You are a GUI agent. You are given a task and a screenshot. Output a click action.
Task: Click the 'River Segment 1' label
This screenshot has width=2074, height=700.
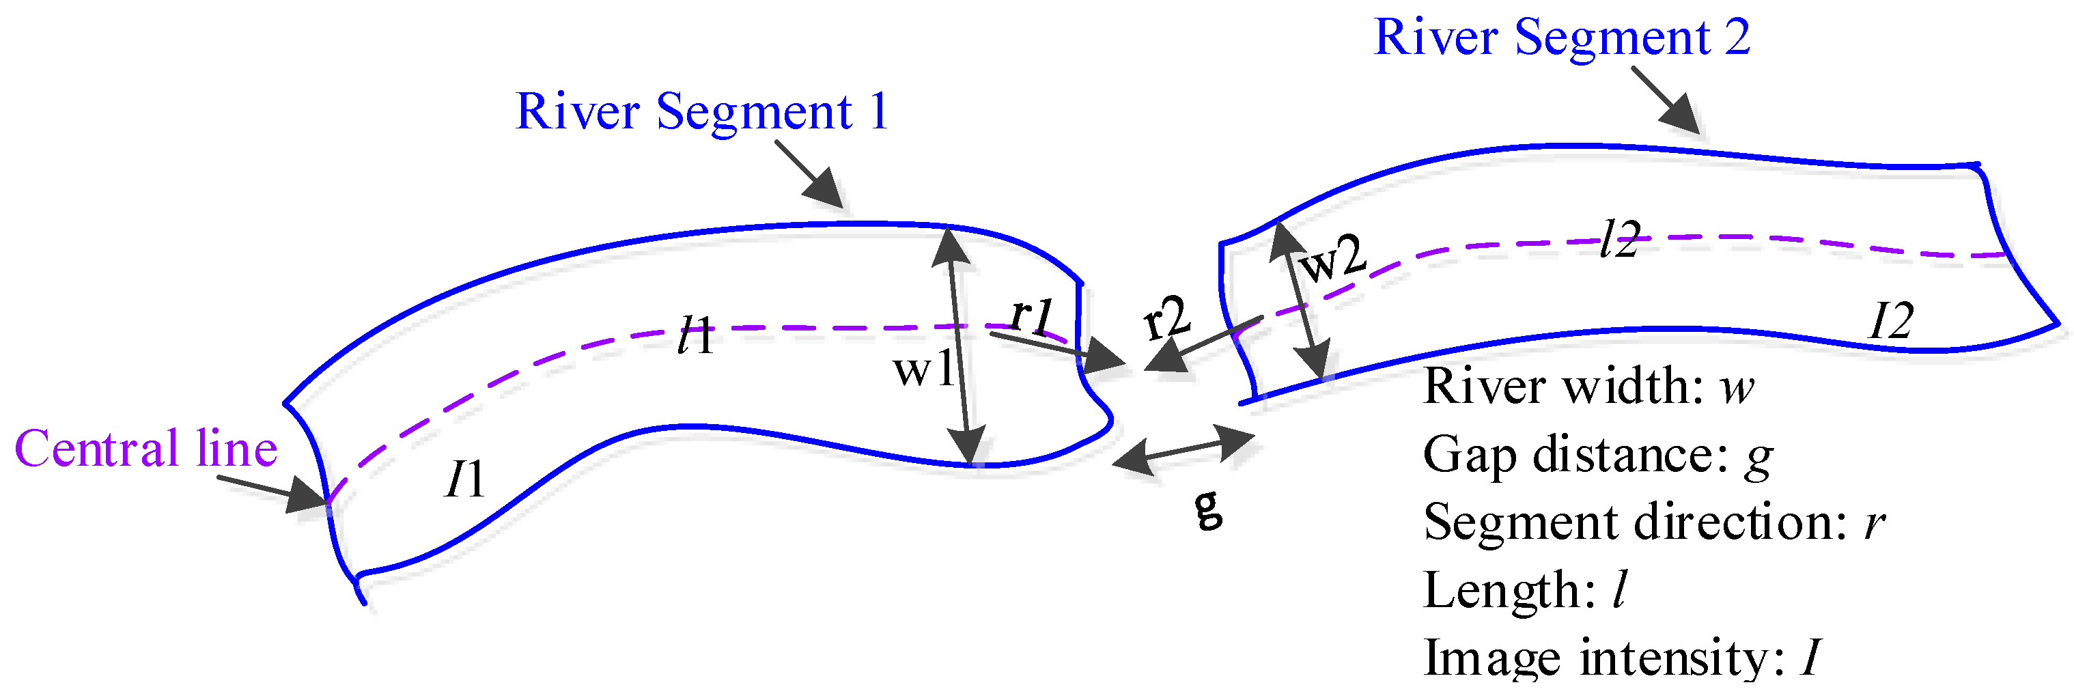point(701,111)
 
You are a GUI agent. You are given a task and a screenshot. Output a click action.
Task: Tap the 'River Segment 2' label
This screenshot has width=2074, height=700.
point(1561,37)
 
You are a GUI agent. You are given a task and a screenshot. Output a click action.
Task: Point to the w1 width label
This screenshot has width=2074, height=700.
point(923,369)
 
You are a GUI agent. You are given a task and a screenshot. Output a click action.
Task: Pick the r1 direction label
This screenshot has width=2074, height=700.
point(1031,314)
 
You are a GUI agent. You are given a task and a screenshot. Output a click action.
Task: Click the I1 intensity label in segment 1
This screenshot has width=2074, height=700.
point(464,479)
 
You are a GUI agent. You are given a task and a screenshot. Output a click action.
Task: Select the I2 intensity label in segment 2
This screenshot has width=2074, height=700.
point(1890,322)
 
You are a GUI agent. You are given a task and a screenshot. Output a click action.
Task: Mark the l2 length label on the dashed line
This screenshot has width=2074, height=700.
point(1619,240)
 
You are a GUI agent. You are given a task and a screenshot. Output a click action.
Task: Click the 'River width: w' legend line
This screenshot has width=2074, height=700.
point(1588,387)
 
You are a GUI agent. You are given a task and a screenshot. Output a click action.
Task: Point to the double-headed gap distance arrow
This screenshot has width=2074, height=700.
point(1183,449)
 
